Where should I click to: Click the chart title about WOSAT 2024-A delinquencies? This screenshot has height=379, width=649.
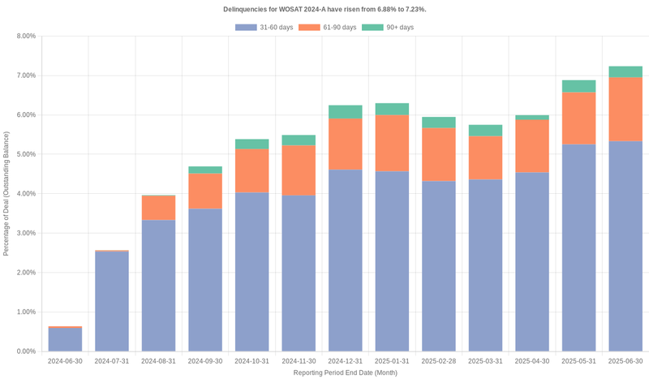tap(324, 9)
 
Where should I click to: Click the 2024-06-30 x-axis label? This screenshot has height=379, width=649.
tap(65, 361)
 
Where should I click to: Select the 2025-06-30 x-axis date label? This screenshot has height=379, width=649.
tap(625, 361)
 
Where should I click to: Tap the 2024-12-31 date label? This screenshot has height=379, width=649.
tap(345, 361)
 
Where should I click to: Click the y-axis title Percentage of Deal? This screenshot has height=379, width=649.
tap(6, 193)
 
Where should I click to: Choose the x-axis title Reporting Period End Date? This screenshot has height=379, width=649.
tap(345, 373)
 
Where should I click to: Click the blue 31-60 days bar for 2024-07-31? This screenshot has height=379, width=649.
tap(111, 301)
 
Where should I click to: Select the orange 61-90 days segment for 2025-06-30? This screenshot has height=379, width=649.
tap(625, 110)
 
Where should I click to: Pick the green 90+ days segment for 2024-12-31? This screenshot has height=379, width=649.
tap(345, 112)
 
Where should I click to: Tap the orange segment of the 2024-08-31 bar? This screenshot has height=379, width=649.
tap(158, 209)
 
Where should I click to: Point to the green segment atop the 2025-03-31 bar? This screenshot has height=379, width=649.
tap(485, 131)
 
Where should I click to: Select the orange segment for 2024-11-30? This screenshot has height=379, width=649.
tap(299, 170)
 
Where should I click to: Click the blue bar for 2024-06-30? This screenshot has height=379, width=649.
tap(65, 339)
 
